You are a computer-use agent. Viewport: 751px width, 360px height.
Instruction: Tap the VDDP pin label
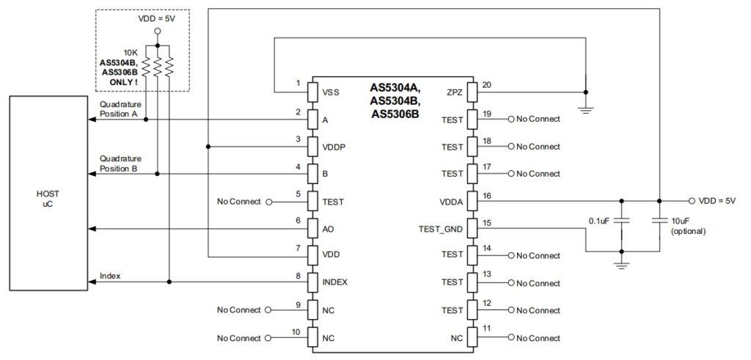pyautogui.click(x=334, y=147)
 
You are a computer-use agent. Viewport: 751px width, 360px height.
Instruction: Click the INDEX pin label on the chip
pyautogui.click(x=335, y=282)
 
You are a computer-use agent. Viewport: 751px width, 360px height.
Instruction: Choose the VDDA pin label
pyautogui.click(x=451, y=201)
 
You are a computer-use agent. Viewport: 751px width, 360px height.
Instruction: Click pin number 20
pyautogui.click(x=486, y=84)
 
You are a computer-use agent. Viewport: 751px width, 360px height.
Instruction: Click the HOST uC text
pyautogui.click(x=48, y=198)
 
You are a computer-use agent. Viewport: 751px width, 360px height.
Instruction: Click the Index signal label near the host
pyautogui.click(x=111, y=276)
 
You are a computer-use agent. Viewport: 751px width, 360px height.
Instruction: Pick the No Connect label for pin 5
pyautogui.click(x=239, y=201)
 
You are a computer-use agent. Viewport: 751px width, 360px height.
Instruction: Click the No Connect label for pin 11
pyautogui.click(x=538, y=338)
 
